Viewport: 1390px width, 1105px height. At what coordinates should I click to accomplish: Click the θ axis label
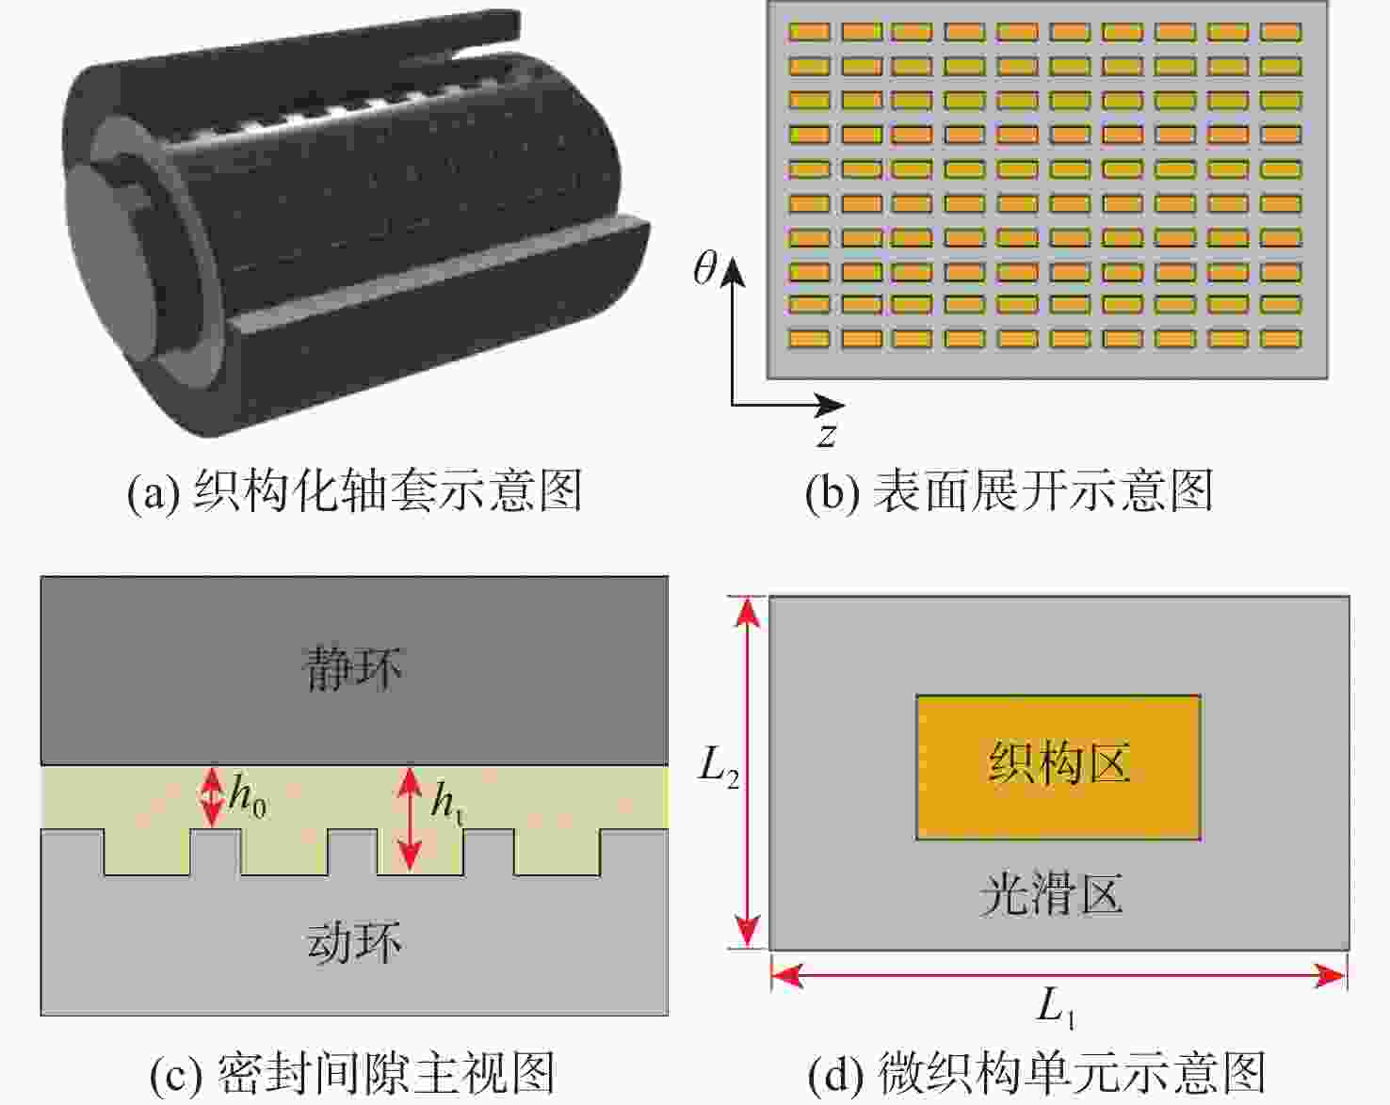(705, 270)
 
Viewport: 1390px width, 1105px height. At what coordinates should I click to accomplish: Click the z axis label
(826, 435)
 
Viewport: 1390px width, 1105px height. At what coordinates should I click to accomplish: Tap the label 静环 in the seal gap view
(353, 669)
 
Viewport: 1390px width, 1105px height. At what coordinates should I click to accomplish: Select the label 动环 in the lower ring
(353, 942)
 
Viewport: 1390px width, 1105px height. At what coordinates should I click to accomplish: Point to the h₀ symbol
(248, 798)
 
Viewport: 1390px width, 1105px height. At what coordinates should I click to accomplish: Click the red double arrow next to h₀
(213, 797)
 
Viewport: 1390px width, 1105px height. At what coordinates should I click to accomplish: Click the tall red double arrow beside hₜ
(409, 818)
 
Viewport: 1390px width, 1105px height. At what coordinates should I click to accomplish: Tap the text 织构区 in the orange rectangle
(1059, 762)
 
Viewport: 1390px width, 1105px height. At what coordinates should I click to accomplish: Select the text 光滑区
(1051, 894)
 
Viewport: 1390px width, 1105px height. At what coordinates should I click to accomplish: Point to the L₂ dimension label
(719, 768)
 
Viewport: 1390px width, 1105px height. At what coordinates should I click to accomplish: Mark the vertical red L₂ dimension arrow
(748, 772)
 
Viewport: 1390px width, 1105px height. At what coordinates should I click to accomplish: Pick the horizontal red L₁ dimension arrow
(1059, 976)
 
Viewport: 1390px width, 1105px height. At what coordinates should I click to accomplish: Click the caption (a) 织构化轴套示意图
(355, 491)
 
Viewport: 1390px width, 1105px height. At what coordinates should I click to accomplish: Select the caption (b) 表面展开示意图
(1009, 491)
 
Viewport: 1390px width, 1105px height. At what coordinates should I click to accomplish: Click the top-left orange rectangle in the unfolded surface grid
(809, 32)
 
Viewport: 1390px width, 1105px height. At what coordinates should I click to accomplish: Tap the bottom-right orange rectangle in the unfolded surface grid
(1281, 338)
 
